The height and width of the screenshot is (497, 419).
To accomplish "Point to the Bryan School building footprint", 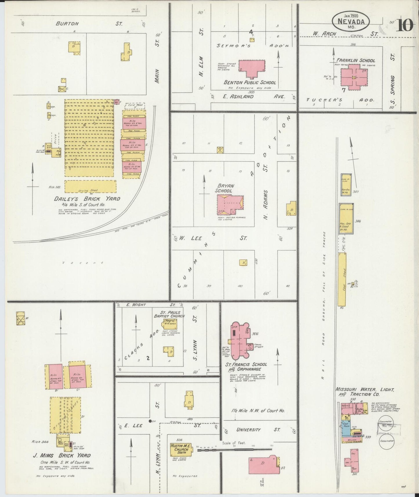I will point(230,204).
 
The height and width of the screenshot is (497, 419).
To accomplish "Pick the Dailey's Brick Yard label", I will point(87,199).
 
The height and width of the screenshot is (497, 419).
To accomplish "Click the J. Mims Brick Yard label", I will point(62,456).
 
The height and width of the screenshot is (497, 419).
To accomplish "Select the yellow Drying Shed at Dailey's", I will point(90,187).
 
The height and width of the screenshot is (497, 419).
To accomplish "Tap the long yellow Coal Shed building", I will point(342,279).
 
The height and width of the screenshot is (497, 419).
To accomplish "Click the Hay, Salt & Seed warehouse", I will point(346,218).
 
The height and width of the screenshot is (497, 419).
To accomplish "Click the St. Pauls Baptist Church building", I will point(170,323).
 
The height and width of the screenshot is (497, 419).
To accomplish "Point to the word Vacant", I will point(84,263).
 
